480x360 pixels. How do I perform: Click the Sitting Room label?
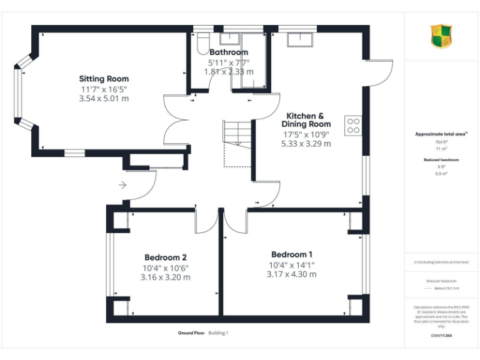(x=104, y=79)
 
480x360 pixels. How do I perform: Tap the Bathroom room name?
(x=229, y=52)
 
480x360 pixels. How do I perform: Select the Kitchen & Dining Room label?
(x=306, y=120)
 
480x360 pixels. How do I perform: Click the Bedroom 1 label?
(x=291, y=254)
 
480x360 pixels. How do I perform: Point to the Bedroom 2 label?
(x=166, y=257)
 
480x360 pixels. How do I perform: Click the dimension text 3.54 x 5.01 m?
(x=104, y=99)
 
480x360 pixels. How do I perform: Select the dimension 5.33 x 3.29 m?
(x=306, y=144)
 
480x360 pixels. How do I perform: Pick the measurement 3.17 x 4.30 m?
(x=291, y=274)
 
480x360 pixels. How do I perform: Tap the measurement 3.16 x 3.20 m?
(x=166, y=277)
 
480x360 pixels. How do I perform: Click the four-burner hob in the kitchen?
(x=352, y=125)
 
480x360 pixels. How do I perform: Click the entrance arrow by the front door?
(x=122, y=185)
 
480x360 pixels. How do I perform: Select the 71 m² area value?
(x=441, y=149)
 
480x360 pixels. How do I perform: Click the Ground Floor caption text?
(x=191, y=333)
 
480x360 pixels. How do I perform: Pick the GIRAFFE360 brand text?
(x=442, y=336)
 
